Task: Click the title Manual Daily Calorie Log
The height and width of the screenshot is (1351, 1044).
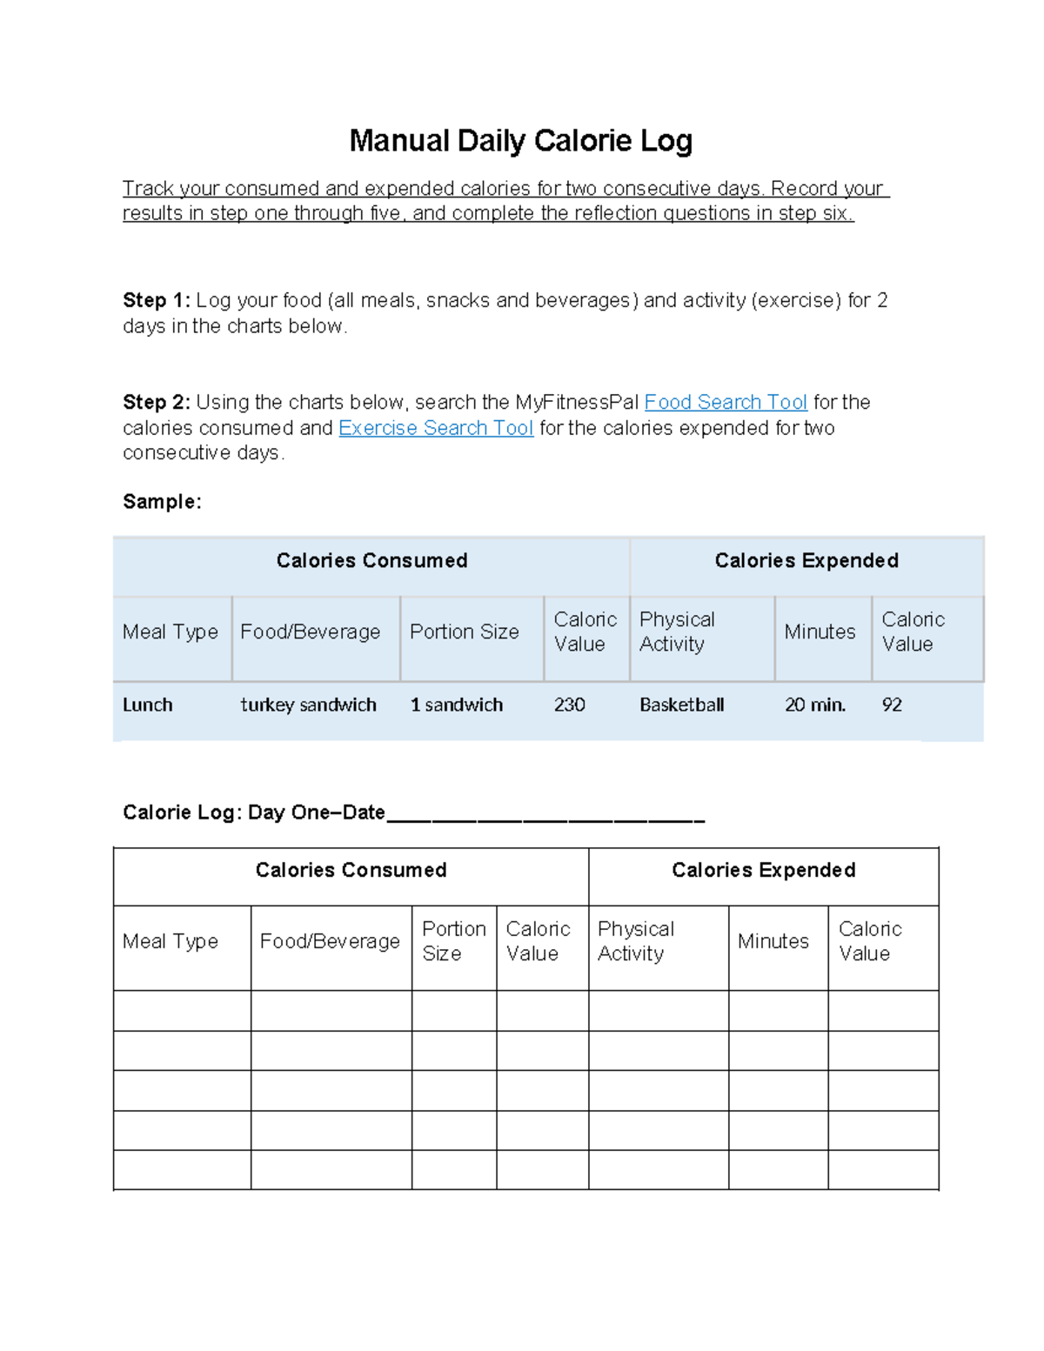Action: tap(520, 141)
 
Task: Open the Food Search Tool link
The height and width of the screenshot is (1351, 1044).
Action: tap(726, 402)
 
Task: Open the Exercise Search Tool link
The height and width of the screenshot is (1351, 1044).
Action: tap(435, 428)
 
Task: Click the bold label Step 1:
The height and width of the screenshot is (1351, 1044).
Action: tap(156, 300)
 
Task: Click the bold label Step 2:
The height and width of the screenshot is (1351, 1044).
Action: tap(156, 402)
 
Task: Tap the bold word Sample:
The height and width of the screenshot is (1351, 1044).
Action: tap(162, 502)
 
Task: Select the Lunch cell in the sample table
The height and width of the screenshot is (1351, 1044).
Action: tap(148, 705)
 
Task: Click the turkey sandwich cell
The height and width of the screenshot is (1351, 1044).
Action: tap(308, 705)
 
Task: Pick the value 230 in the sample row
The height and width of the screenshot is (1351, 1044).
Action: tap(569, 705)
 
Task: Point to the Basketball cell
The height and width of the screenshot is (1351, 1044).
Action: tap(681, 705)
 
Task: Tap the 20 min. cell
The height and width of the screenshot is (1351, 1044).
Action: tap(814, 705)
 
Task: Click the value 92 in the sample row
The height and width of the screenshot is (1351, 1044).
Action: tap(892, 705)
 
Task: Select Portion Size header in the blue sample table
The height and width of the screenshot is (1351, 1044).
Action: tap(464, 632)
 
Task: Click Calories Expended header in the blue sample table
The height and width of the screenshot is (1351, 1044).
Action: tap(806, 561)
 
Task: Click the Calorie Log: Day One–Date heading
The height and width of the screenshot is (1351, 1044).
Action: tap(253, 813)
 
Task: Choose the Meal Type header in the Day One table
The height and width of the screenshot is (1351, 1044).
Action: tap(171, 941)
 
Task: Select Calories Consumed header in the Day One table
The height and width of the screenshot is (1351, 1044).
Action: tap(351, 870)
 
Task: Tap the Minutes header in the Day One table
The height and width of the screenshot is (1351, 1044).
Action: tap(773, 941)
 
